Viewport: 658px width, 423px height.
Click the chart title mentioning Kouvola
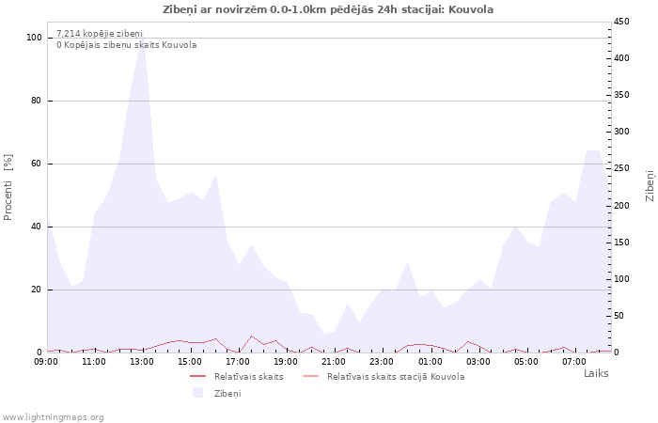[x=328, y=9]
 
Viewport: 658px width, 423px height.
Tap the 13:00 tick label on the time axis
[x=142, y=362]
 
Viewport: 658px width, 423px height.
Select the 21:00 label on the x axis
[x=334, y=362]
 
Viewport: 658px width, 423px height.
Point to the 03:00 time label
[x=478, y=362]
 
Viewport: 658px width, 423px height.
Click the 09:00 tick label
[x=46, y=362]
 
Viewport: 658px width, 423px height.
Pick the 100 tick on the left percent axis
[x=34, y=38]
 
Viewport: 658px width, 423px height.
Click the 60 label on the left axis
[x=36, y=164]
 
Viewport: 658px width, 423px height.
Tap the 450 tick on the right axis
[x=621, y=22]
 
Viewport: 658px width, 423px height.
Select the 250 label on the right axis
[x=621, y=168]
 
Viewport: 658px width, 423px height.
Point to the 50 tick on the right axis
[x=619, y=316]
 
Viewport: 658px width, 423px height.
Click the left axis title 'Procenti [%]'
[x=8, y=187]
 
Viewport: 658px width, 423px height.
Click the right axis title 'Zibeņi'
[x=650, y=186]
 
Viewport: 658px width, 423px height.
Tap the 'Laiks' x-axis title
[x=596, y=373]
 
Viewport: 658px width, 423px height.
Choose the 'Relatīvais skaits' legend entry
[x=249, y=376]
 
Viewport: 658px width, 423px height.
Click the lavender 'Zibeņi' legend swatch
[x=197, y=393]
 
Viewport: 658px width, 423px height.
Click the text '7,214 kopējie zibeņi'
[x=100, y=34]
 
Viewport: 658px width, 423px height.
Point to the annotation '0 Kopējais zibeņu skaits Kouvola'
[x=127, y=45]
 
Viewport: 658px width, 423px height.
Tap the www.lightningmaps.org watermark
[x=52, y=417]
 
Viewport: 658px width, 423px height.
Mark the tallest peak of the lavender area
[x=143, y=36]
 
